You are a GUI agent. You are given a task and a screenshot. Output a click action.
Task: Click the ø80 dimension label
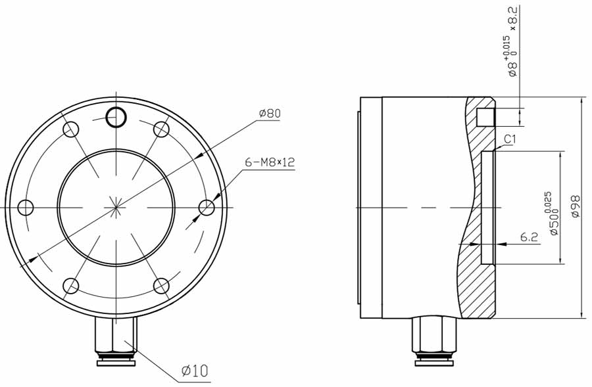(x=270, y=114)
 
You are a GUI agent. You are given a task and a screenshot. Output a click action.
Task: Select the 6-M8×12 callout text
(x=269, y=162)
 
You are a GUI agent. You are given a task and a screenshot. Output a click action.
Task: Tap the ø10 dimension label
(x=194, y=371)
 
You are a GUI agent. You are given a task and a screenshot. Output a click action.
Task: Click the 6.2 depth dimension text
(x=530, y=237)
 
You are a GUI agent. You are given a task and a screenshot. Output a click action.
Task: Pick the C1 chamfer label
(x=510, y=139)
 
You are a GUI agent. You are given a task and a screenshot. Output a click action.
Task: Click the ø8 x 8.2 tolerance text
(x=512, y=43)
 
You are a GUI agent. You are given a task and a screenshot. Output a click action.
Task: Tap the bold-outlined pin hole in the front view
(x=116, y=117)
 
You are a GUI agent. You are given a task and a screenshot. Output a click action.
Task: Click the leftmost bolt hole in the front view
(x=25, y=208)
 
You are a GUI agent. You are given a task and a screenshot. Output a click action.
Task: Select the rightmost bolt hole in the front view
(x=207, y=208)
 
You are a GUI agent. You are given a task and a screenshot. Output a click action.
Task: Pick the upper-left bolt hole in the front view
(x=70, y=129)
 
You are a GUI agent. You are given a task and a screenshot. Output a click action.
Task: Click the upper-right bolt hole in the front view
(x=161, y=129)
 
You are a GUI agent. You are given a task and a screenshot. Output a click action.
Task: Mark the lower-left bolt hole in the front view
(x=70, y=286)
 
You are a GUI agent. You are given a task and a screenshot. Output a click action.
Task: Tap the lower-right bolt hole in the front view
(x=161, y=286)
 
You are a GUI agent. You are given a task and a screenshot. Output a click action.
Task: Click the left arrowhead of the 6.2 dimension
(x=476, y=244)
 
